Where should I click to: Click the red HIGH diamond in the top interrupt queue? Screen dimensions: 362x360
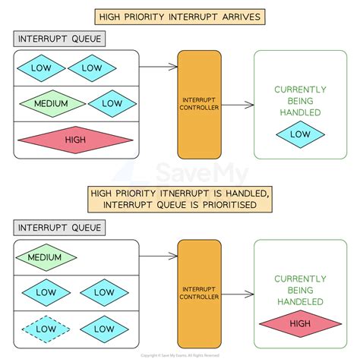(74, 140)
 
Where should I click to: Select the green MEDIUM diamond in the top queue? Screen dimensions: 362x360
(49, 104)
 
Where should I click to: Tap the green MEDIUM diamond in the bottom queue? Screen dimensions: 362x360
(44, 257)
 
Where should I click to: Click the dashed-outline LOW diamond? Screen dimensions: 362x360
(44, 329)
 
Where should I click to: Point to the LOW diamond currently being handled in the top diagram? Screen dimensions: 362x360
(300, 134)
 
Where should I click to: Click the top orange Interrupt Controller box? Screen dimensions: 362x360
(199, 104)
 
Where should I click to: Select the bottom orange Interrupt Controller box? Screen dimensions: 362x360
(199, 293)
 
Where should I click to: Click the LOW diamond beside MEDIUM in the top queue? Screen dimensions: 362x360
(112, 104)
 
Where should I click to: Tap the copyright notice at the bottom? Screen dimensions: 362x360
(179, 355)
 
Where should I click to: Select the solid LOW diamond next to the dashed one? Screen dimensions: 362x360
(98, 329)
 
